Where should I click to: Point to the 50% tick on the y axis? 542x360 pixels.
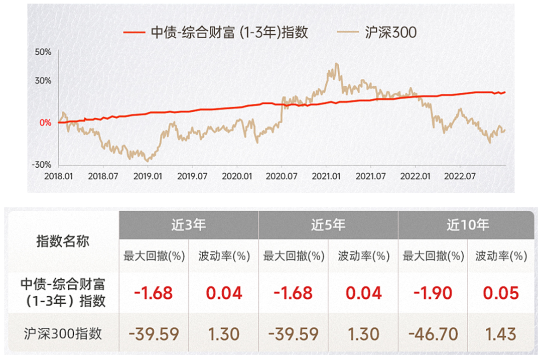(x=44, y=52)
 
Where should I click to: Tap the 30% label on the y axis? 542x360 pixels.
(x=44, y=80)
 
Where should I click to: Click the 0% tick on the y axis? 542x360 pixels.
(x=46, y=122)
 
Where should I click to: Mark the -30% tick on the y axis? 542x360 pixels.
(x=43, y=165)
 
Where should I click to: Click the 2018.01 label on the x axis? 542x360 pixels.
(x=59, y=176)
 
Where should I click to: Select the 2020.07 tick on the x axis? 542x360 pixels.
(x=282, y=176)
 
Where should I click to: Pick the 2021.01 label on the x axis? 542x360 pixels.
(x=327, y=176)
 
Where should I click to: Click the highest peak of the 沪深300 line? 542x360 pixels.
(x=336, y=64)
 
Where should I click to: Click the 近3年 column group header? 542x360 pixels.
(x=188, y=224)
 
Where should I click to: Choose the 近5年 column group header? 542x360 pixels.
(x=328, y=224)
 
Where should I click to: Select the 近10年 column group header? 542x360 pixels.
(x=467, y=224)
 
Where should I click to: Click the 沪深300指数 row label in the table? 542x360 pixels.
(x=63, y=333)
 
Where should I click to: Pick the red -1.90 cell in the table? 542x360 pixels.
(x=432, y=292)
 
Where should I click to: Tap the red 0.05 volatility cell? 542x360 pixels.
(x=501, y=292)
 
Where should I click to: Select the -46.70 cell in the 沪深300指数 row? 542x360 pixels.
(x=432, y=333)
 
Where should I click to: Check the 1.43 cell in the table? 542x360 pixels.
(x=501, y=333)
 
